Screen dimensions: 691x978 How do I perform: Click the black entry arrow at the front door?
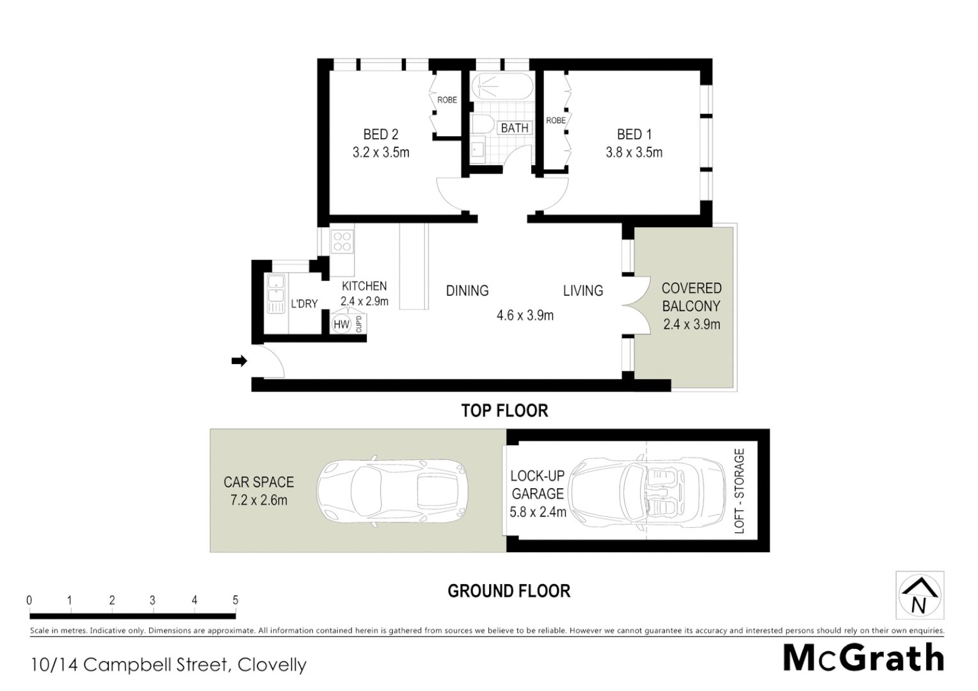coord(239,361)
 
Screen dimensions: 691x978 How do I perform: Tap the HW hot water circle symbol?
coord(341,324)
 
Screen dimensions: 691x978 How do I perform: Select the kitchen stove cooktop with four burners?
coord(342,241)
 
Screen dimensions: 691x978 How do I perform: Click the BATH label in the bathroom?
coord(515,128)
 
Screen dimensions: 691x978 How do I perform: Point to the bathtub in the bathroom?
coord(501,86)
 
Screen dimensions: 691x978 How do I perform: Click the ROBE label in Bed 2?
coord(447,100)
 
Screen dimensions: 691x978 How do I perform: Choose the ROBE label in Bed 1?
coord(555,120)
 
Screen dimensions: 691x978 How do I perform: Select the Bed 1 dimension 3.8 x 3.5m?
coord(634,152)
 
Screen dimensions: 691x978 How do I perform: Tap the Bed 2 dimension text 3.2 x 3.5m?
coord(381,152)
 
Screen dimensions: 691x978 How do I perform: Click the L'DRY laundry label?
coord(304,304)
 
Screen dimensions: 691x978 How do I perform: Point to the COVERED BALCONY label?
coord(691,297)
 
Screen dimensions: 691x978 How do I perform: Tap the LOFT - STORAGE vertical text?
coord(739,491)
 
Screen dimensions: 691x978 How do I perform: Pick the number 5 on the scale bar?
coord(235,600)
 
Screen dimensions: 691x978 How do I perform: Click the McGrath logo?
coord(863,658)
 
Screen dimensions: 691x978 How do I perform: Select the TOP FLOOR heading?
coord(504,411)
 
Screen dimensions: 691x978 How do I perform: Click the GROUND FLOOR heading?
coord(509,591)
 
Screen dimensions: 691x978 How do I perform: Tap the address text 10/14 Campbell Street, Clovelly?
coord(168,665)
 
